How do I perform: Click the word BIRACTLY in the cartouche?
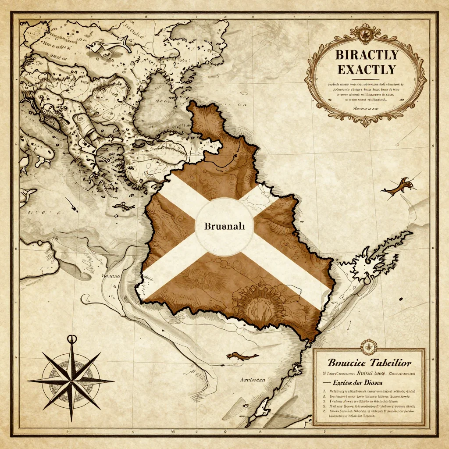[366, 55]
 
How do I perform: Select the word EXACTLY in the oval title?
[366, 69]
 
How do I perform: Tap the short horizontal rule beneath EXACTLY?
[367, 80]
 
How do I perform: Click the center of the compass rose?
[71, 381]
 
